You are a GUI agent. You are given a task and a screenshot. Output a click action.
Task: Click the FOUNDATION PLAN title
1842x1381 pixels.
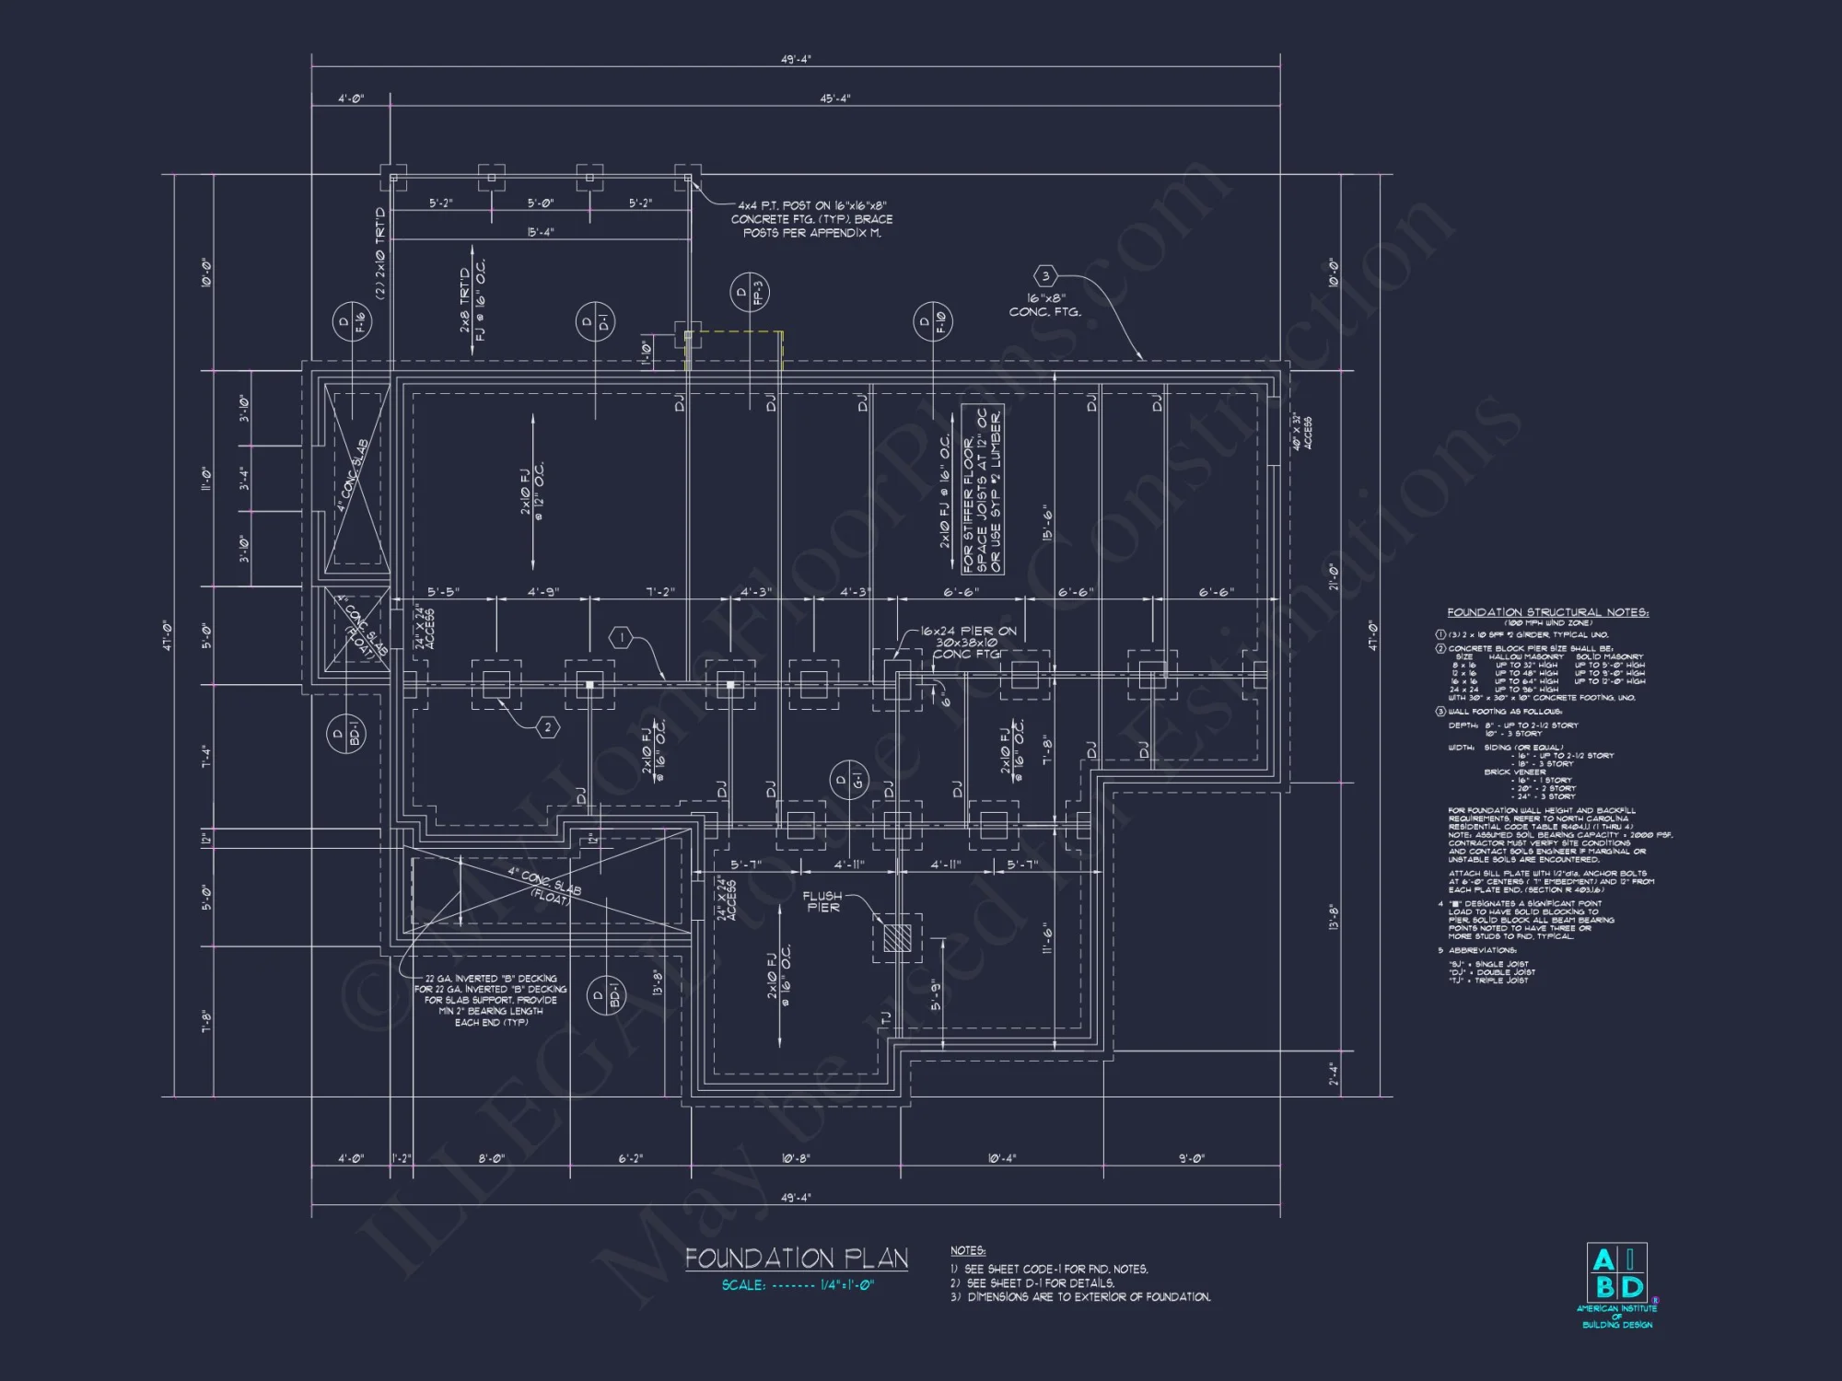click(797, 1258)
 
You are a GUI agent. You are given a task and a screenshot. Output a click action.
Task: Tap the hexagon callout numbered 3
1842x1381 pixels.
click(1045, 275)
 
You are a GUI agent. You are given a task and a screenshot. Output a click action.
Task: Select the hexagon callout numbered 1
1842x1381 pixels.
click(622, 637)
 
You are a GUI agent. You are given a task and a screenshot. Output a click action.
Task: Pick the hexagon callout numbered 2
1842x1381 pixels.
click(548, 727)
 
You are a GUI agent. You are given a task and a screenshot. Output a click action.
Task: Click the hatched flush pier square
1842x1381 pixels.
click(897, 937)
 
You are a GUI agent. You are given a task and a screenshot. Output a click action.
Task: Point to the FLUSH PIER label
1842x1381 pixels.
click(822, 901)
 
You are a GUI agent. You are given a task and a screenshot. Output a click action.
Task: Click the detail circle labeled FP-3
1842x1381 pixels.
click(749, 292)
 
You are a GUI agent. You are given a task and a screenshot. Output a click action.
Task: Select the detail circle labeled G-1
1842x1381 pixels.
click(848, 781)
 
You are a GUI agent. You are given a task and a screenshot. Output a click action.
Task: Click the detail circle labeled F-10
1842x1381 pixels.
click(932, 321)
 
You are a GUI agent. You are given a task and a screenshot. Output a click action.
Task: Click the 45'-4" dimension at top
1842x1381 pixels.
click(834, 99)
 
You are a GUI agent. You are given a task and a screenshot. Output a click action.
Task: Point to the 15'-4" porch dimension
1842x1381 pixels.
click(541, 232)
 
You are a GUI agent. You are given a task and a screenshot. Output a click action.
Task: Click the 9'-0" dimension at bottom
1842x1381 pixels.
click(1192, 1158)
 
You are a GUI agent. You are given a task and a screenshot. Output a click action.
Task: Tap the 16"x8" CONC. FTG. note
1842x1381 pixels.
click(1045, 306)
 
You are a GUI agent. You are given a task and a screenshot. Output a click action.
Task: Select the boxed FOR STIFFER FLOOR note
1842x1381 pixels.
click(982, 490)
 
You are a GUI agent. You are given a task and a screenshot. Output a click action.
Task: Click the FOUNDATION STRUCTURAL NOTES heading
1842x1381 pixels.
click(1547, 612)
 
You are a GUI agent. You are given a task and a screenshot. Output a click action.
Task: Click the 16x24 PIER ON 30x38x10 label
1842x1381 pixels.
click(967, 643)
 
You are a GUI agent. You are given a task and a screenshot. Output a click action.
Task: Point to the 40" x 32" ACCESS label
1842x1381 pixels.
click(1302, 432)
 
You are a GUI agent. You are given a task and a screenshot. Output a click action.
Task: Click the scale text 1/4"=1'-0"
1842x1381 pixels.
click(847, 1285)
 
